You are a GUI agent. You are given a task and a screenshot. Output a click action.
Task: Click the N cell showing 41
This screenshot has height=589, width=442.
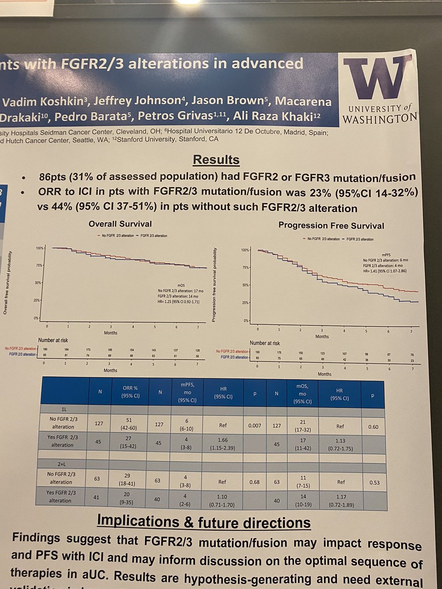pyautogui.click(x=99, y=498)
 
